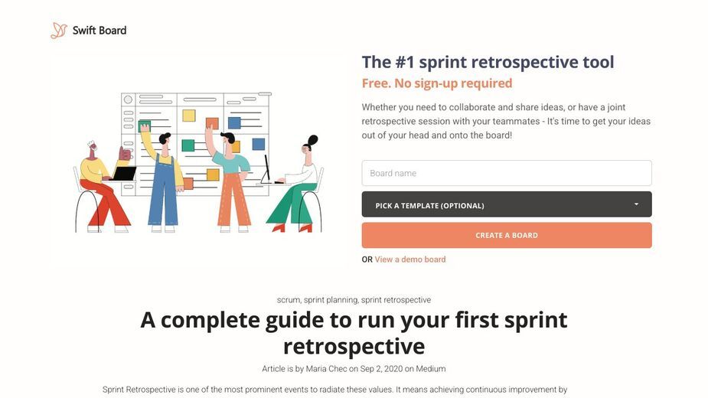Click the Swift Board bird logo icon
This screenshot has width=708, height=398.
click(x=59, y=31)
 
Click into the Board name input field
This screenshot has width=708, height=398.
click(x=507, y=173)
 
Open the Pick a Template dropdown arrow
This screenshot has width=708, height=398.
click(x=636, y=204)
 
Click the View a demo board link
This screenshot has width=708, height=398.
click(x=410, y=259)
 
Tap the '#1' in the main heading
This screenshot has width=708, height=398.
click(x=405, y=62)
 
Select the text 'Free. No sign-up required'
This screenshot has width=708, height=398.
click(x=437, y=83)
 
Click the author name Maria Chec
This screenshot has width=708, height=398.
click(x=327, y=369)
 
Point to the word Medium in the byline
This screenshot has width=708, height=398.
click(x=431, y=369)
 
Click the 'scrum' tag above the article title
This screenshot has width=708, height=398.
click(x=289, y=300)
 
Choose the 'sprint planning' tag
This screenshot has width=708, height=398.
click(x=331, y=300)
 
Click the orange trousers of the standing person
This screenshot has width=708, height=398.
click(x=234, y=199)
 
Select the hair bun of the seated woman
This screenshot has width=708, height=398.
click(x=313, y=139)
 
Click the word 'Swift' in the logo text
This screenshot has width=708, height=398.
click(x=84, y=31)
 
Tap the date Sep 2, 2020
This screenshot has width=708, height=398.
click(x=381, y=369)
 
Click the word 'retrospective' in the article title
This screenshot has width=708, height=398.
click(x=354, y=347)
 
